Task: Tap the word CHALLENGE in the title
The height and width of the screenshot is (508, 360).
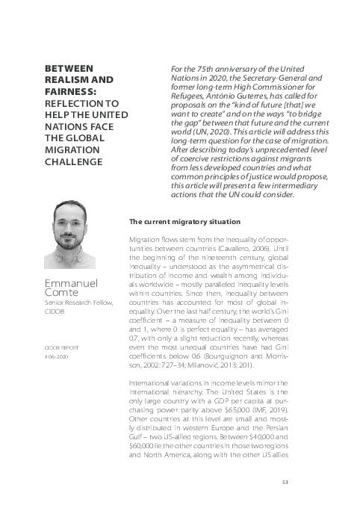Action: (76, 161)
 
